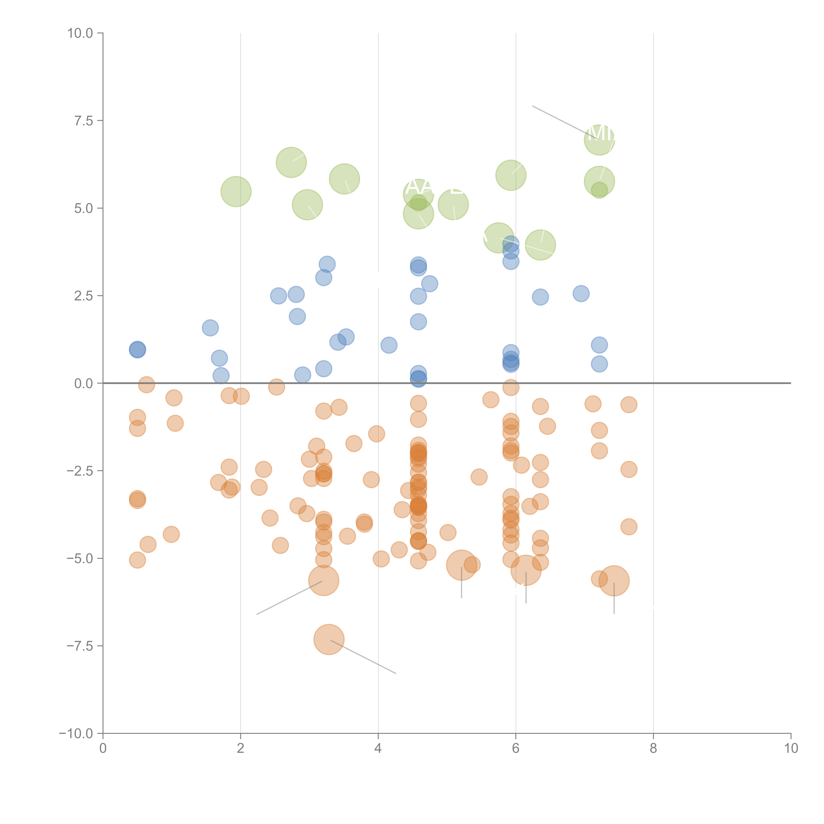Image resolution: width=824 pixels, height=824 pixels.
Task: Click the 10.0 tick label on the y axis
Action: coord(80,33)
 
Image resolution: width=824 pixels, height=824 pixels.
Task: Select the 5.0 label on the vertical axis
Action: coord(84,209)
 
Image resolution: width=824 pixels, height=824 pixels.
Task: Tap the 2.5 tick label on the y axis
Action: coord(84,296)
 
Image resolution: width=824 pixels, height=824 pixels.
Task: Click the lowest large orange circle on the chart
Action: coord(329,639)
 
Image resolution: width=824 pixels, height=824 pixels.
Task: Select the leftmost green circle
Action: coord(236,191)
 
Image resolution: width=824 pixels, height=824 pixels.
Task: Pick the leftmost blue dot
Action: coord(137,350)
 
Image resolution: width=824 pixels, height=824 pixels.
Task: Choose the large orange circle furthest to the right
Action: coord(614,581)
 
